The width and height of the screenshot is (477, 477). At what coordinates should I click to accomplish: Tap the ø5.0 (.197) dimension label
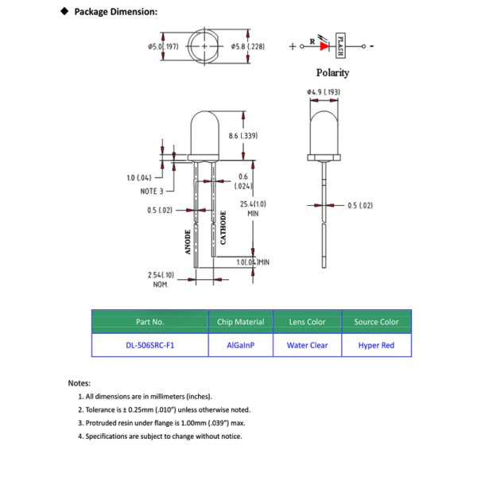tap(162, 47)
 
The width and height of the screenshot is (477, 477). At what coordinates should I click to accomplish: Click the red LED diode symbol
tap(324, 46)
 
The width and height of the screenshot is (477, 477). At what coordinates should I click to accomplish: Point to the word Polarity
tap(332, 72)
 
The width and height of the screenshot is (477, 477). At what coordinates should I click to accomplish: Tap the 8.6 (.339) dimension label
tap(243, 137)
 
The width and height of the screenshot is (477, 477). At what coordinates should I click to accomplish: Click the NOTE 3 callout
tap(151, 192)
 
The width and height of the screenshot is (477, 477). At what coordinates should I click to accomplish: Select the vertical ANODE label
tap(188, 241)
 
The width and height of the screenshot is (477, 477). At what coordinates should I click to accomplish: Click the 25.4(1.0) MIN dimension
tap(253, 208)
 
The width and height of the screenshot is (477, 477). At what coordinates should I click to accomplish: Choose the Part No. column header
tap(149, 322)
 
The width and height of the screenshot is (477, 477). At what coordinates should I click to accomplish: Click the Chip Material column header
tap(240, 322)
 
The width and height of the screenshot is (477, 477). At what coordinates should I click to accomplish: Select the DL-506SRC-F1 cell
tap(149, 345)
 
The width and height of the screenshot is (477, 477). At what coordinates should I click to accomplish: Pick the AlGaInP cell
tap(240, 345)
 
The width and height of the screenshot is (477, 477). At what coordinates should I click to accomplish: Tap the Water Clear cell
tap(307, 345)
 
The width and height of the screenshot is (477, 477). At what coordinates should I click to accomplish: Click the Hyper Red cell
tap(376, 345)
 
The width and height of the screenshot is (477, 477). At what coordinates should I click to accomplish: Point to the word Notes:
tap(79, 383)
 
